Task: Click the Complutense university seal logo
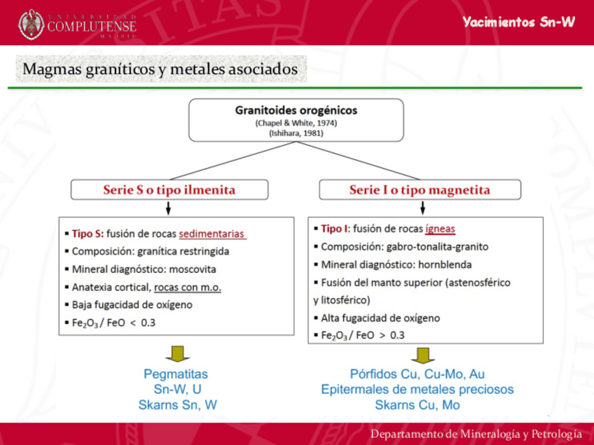pos(31,24)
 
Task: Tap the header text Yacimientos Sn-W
pos(518,22)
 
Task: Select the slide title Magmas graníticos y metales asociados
pos(160,70)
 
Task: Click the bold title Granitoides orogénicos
pos(296,111)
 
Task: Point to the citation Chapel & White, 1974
pos(296,122)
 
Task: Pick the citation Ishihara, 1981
pos(296,132)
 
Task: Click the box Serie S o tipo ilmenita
pos(170,190)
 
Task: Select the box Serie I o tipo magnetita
pos(420,190)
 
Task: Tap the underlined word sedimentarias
pos(212,234)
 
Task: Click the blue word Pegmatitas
pos(176,374)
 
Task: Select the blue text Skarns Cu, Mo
pos(417,404)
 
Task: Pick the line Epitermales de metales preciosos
pos(417,389)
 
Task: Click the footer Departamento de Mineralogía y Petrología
pos(476,433)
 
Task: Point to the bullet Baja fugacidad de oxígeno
pos(132,305)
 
